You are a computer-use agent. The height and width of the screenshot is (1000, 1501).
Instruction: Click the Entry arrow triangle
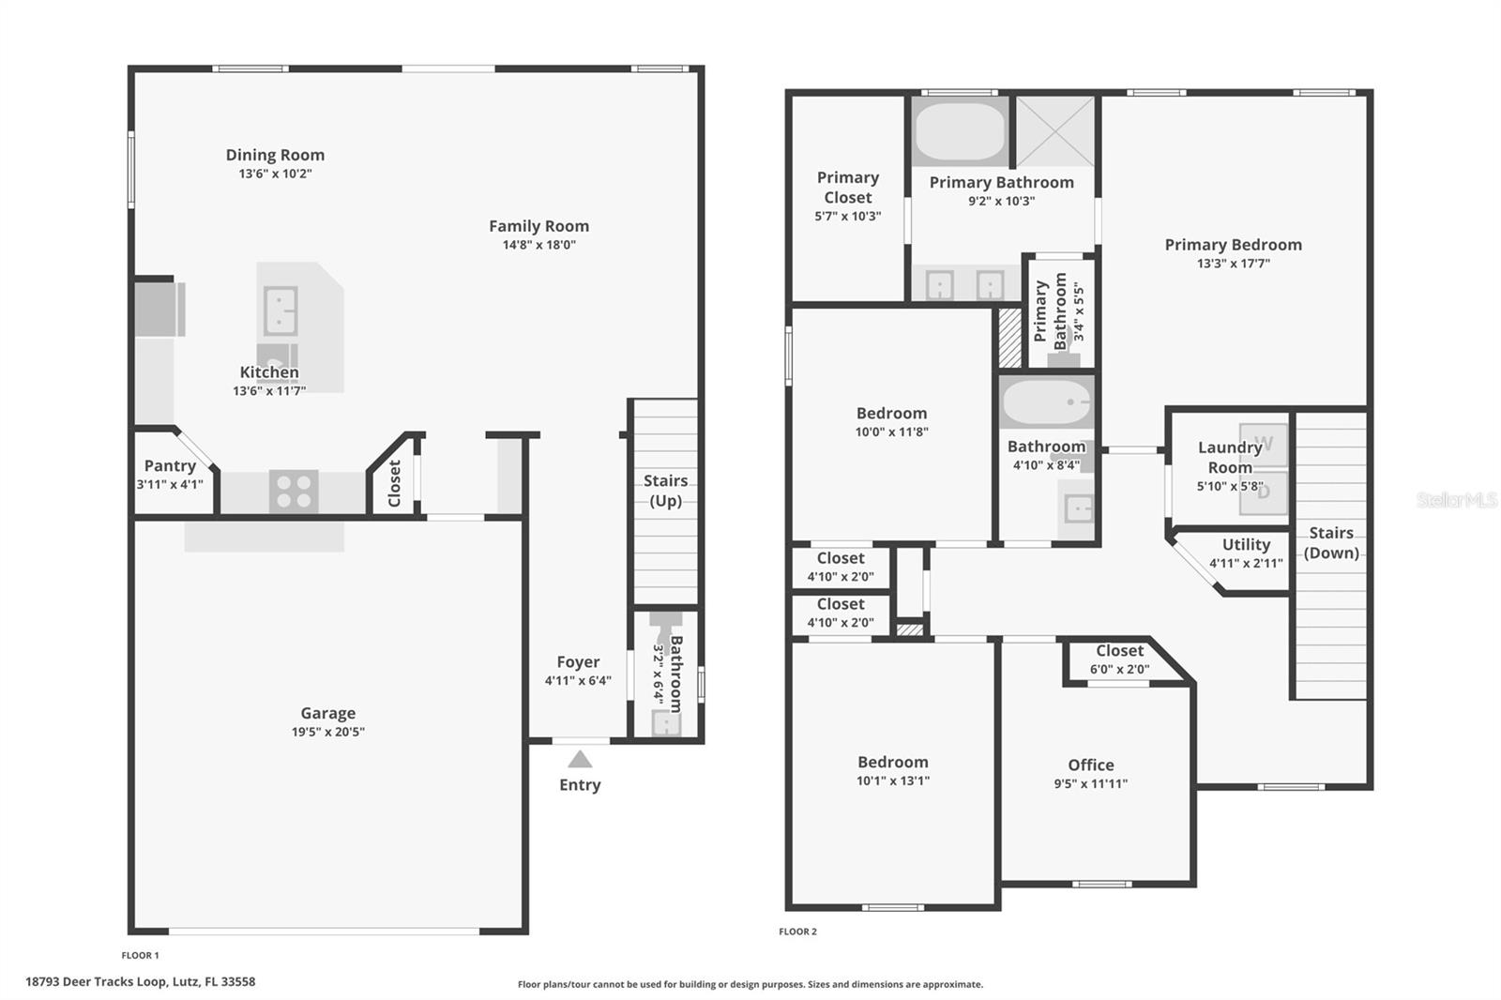(580, 760)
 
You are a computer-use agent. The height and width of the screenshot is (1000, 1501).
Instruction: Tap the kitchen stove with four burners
(294, 492)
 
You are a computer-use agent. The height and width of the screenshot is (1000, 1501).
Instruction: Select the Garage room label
(327, 713)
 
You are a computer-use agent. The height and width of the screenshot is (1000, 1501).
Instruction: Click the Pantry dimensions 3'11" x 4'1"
(170, 484)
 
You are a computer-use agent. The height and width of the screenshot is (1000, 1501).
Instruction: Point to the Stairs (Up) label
(665, 491)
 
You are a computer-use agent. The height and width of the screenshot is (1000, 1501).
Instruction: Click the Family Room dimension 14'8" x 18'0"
(538, 245)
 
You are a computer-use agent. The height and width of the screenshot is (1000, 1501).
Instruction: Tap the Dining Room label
(275, 155)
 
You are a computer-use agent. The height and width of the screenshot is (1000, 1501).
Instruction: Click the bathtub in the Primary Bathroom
(960, 131)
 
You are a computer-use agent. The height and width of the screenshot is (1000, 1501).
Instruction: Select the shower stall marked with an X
(1055, 131)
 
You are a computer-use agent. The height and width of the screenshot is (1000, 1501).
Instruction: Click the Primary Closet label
(848, 187)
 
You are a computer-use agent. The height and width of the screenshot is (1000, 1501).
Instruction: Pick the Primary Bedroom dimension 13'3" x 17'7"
(1233, 264)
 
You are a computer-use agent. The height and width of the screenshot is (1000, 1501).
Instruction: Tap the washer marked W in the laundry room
(1263, 444)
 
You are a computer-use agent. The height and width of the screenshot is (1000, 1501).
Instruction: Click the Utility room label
(1246, 544)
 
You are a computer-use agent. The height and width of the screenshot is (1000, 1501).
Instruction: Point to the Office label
(1090, 765)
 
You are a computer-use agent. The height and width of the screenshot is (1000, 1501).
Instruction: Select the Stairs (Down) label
(1331, 543)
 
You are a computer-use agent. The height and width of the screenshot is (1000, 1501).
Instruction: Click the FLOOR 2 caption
(797, 931)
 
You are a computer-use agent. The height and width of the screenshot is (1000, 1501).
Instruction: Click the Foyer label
(578, 662)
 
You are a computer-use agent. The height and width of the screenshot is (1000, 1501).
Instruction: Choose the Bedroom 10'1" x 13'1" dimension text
(892, 780)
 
